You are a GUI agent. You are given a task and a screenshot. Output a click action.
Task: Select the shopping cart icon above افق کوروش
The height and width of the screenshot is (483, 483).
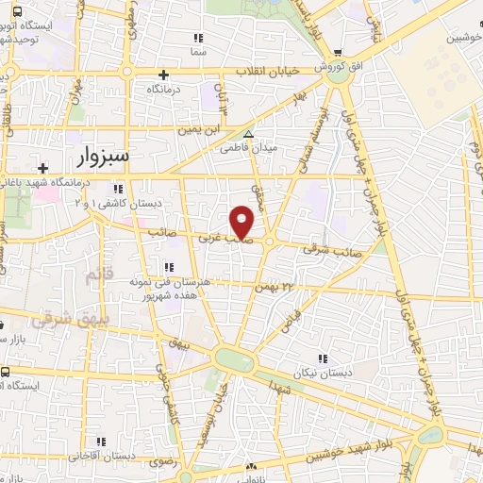(338, 52)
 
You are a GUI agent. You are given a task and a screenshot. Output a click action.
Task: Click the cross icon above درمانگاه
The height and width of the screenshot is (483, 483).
(164, 75)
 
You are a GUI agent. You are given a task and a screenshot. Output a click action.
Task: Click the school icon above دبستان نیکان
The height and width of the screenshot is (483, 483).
(323, 359)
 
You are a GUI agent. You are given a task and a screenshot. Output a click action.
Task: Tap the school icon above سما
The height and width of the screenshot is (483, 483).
(198, 38)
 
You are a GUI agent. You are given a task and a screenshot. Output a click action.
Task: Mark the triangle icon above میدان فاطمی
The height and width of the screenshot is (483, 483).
(248, 135)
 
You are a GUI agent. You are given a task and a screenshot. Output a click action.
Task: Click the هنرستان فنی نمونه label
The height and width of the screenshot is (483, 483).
(208, 282)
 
